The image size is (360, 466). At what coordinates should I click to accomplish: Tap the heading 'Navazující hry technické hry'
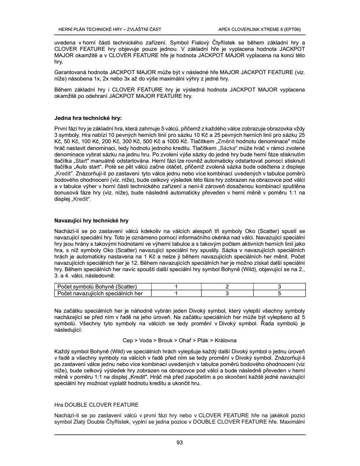[x=91, y=221]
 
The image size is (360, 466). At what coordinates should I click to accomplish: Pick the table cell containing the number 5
[x=279, y=293]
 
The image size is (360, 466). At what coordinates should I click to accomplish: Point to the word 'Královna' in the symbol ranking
[x=226, y=340]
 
